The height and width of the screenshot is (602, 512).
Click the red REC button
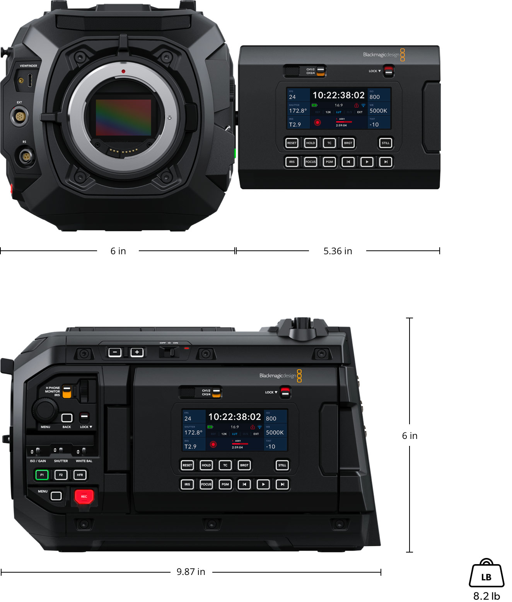pos(84,496)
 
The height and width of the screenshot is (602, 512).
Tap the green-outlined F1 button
pos(42,474)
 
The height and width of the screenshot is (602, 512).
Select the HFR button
pos(80,474)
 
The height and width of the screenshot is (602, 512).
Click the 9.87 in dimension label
pos(191,571)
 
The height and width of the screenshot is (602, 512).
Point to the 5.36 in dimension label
pos(338,251)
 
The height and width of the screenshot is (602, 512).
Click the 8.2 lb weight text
pos(486,596)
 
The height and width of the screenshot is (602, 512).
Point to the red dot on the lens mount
pos(123,71)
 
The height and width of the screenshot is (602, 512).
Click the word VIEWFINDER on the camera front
pos(29,66)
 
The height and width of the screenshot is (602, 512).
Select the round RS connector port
pos(26,157)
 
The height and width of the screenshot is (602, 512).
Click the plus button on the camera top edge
pos(137,352)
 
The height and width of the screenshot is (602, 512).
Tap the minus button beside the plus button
pos(115,352)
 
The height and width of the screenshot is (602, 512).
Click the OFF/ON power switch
pos(169,351)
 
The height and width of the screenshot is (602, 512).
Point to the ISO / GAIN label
pos(38,461)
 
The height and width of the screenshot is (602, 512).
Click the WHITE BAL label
pos(84,461)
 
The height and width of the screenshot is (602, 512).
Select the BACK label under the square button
pos(67,427)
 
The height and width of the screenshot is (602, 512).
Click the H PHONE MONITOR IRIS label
pos(53,391)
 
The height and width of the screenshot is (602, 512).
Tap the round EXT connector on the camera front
pos(19,116)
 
